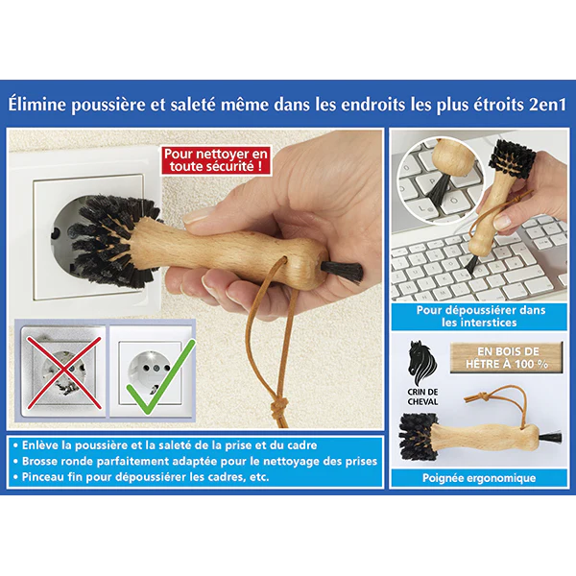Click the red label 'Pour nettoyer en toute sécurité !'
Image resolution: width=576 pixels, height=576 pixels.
coord(216,160)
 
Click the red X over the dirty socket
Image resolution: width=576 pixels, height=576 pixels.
coord(64,372)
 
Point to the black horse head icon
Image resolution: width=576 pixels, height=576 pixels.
coord(422,363)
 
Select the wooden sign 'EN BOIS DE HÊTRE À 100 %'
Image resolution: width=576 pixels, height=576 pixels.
coord(507,357)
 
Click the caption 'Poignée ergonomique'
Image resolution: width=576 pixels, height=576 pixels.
coord(479,478)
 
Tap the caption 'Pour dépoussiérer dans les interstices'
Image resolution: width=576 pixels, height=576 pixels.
coord(481,316)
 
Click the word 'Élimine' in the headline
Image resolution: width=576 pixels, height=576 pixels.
coord(37,105)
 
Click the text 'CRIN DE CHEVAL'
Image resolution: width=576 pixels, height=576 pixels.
coord(422,396)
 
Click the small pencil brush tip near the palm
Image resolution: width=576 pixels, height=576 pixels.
coord(343,271)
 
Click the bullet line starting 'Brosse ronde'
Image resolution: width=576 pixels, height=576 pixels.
coord(195,461)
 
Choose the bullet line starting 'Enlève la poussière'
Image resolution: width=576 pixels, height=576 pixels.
coord(165,444)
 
